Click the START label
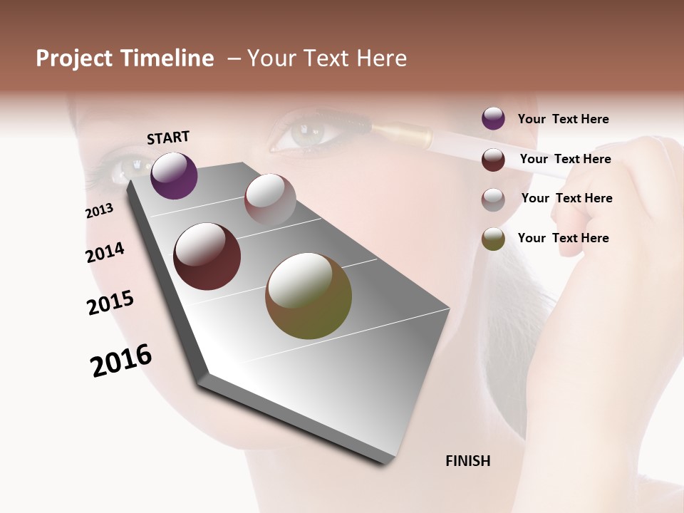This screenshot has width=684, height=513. pyautogui.click(x=168, y=138)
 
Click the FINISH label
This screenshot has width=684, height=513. pyautogui.click(x=467, y=461)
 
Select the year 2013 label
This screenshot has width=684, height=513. pyautogui.click(x=99, y=211)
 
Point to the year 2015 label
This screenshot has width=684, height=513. pyautogui.click(x=110, y=303)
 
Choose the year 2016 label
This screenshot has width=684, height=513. pyautogui.click(x=121, y=361)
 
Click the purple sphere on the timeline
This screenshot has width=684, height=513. pyautogui.click(x=174, y=175)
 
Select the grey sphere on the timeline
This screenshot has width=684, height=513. pyautogui.click(x=270, y=199)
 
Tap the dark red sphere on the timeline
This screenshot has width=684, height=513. pyautogui.click(x=207, y=256)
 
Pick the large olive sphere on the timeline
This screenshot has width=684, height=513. pyautogui.click(x=309, y=296)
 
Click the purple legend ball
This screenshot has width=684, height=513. pyautogui.click(x=493, y=118)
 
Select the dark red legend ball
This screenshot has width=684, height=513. pyautogui.click(x=493, y=160)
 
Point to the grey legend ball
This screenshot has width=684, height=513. pyautogui.click(x=493, y=199)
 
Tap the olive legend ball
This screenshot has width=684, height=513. pyautogui.click(x=493, y=239)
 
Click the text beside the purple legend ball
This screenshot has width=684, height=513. pyautogui.click(x=563, y=119)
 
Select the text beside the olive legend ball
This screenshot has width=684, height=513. pyautogui.click(x=563, y=238)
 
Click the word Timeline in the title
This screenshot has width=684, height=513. pyautogui.click(x=167, y=58)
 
